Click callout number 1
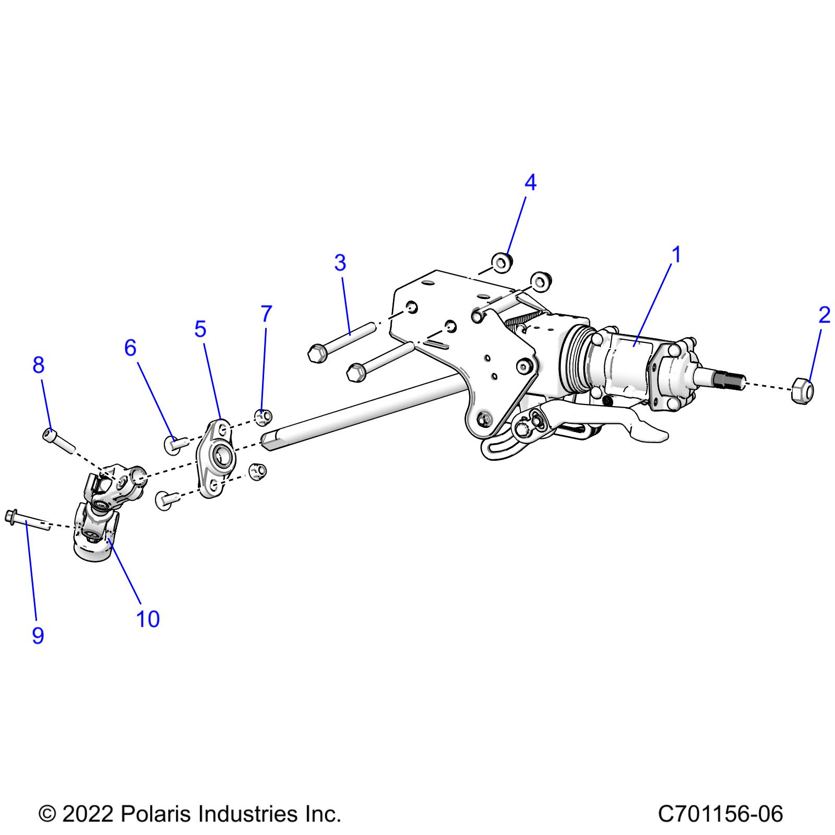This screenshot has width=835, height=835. point(676,256)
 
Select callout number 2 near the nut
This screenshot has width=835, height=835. point(824,315)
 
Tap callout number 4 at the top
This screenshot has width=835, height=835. point(530,183)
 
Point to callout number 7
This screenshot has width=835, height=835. point(266,314)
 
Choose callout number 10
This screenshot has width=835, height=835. point(148,619)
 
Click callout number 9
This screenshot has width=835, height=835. point(38,635)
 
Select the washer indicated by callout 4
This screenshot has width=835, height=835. point(502,262)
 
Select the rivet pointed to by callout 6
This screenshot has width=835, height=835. point(175,444)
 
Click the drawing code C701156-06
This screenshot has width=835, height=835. point(720,814)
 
